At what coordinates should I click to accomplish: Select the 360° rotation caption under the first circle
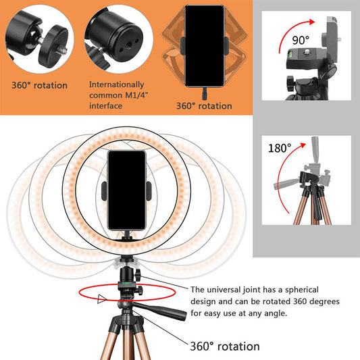point(39,86)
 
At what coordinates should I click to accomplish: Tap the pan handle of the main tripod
point(165,317)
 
